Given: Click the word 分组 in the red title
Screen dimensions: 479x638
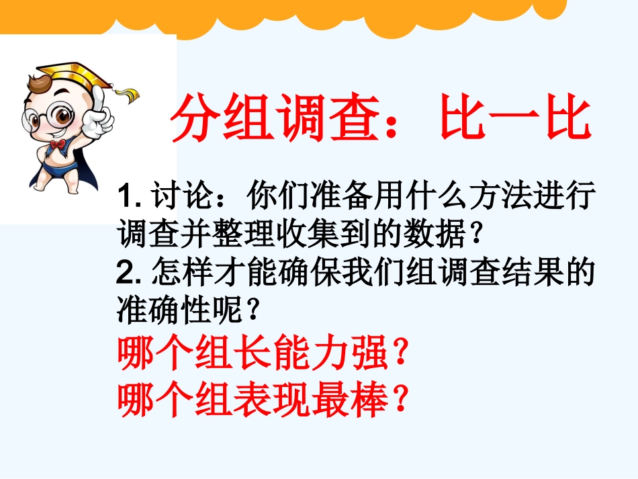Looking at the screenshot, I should pos(221,120).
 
